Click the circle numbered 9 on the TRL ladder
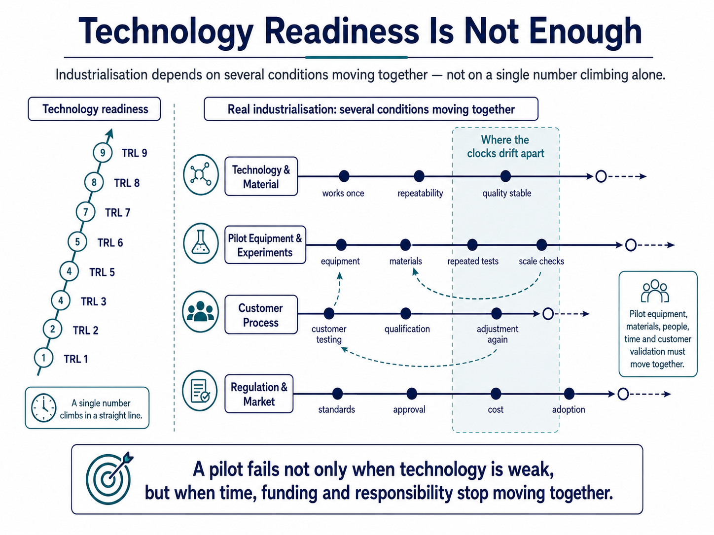(x=103, y=152)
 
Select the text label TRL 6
(x=110, y=243)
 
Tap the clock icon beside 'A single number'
(x=43, y=408)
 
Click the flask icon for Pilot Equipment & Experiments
(x=201, y=243)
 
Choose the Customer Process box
(x=261, y=314)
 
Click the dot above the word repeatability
(x=419, y=176)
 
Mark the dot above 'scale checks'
(x=541, y=245)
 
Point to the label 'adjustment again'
(x=498, y=334)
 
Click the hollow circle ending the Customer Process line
(x=548, y=314)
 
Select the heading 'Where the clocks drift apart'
(x=505, y=146)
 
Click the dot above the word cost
(x=496, y=394)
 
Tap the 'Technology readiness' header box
(x=94, y=109)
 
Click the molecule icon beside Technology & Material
(x=201, y=174)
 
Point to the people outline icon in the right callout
(x=655, y=291)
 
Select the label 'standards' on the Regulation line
(x=336, y=409)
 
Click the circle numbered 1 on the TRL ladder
(x=43, y=358)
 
